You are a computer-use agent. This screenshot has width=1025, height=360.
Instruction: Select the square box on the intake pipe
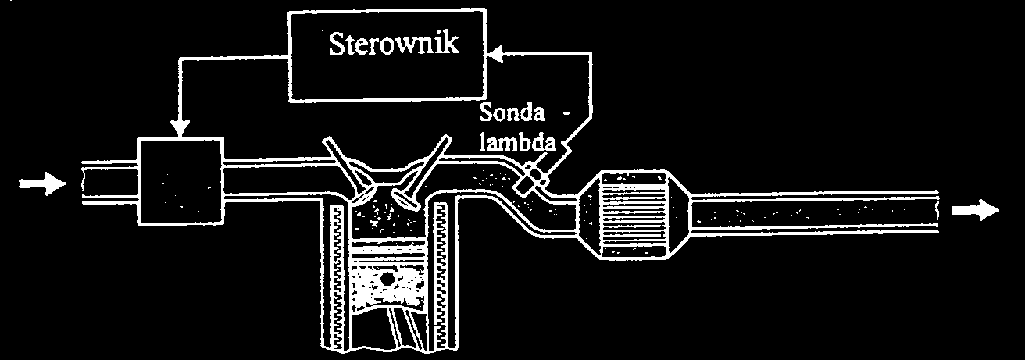pos(180,180)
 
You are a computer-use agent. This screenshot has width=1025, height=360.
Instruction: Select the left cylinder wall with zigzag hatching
pos(337,273)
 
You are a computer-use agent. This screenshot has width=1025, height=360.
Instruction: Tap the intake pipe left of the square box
pos(109,184)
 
